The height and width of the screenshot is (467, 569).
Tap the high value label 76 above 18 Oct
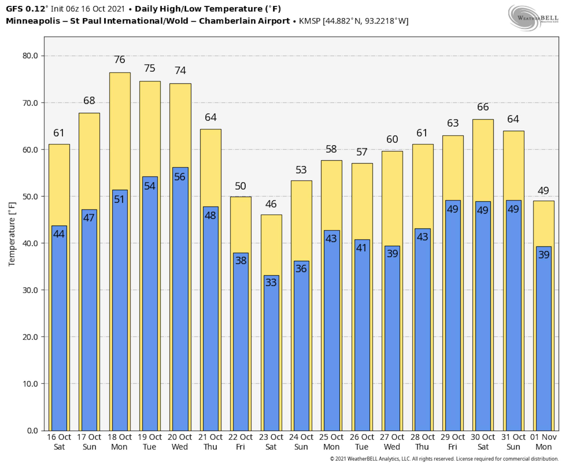coord(120,59)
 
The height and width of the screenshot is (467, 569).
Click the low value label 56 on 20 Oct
coord(180,177)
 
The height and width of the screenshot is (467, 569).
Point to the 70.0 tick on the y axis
coord(30,103)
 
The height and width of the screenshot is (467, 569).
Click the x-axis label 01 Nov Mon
coord(543,442)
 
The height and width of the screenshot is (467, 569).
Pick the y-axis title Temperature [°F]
coord(12,234)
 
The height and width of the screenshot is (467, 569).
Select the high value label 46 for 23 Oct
coord(271,204)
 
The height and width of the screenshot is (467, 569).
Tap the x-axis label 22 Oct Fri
coord(241,442)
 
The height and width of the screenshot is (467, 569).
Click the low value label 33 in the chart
coord(271,282)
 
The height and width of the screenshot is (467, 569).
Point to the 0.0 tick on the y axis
coord(32,431)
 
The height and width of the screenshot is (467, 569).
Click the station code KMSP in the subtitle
coord(310,21)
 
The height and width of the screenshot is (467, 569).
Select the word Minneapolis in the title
coord(33,21)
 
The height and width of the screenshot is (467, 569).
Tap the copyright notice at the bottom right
coord(444,459)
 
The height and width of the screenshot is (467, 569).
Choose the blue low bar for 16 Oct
coord(59,336)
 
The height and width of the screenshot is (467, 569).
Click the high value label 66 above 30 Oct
coord(483,107)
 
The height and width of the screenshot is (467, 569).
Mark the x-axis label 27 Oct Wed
coord(392,442)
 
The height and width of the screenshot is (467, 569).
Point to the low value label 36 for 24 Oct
coord(301,269)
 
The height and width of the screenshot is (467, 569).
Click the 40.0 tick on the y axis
coord(30,243)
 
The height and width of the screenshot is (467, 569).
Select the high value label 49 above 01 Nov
coord(543,191)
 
